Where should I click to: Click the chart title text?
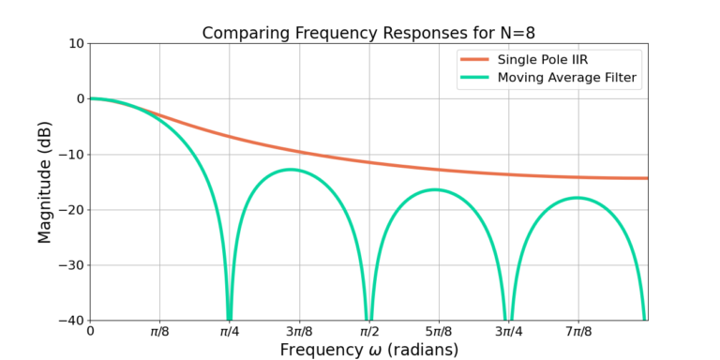[367, 34]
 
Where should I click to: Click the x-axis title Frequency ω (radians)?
[367, 350]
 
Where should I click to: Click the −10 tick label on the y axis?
[69, 154]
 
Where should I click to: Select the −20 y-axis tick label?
[69, 209]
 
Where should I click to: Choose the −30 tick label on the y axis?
[69, 264]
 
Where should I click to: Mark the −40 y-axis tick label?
[69, 320]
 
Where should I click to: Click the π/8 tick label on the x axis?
[159, 331]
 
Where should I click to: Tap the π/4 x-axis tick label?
[229, 331]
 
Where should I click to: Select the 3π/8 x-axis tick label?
[299, 331]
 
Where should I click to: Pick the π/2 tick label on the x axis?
[368, 331]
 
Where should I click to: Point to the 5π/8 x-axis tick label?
[439, 331]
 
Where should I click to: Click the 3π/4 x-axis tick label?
[508, 331]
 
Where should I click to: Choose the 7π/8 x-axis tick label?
[578, 331]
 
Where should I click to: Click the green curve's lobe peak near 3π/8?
[292, 170]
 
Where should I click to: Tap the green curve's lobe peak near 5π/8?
[436, 189]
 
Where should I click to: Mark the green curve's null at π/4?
[229, 317]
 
